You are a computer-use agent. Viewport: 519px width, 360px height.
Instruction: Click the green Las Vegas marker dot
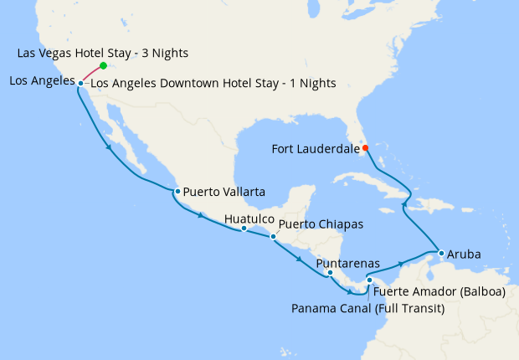click(103, 65)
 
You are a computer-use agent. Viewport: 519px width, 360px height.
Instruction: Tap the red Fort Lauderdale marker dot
click(364, 148)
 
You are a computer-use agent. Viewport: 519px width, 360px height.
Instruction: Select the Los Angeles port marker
click(80, 83)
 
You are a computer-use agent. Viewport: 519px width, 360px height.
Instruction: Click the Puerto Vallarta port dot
click(177, 192)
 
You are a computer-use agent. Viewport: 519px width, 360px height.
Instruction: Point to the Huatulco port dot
click(244, 228)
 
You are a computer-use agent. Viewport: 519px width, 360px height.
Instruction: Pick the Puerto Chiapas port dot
click(273, 237)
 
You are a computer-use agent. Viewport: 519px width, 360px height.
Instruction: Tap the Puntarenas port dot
click(331, 273)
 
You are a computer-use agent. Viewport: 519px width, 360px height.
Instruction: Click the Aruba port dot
click(441, 252)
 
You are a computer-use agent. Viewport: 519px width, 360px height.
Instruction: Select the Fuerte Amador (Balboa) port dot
click(369, 280)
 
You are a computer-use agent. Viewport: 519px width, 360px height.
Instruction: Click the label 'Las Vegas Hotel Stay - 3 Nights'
click(102, 54)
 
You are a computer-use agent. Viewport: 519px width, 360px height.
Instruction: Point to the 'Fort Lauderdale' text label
click(315, 149)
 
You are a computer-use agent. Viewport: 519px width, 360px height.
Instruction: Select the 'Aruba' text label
click(465, 252)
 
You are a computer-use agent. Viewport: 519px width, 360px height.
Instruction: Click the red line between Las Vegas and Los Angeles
click(92, 75)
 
